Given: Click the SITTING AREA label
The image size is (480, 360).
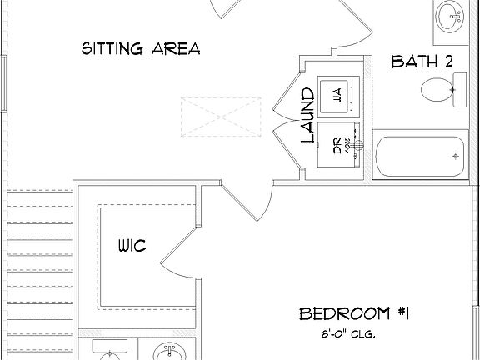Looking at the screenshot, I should [141, 47].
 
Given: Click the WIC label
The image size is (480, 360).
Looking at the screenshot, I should [132, 246].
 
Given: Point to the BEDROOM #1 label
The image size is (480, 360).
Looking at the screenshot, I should [356, 313].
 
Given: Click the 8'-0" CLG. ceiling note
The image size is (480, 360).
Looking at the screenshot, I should [347, 334].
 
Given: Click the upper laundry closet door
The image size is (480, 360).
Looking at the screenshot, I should [286, 92].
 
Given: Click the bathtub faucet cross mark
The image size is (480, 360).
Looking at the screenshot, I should [455, 156].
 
